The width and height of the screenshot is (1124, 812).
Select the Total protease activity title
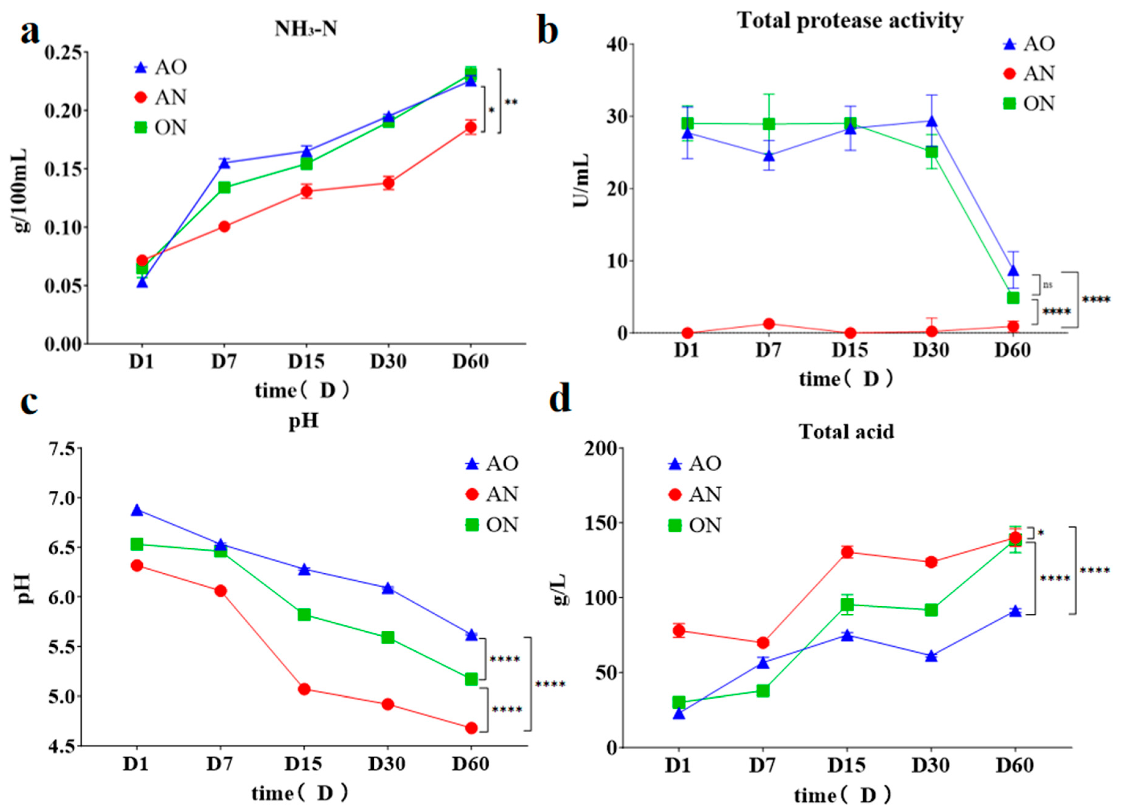(x=850, y=21)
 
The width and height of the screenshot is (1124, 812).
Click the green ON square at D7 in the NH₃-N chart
(x=224, y=187)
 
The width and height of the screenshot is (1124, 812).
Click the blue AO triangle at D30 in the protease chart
(x=932, y=121)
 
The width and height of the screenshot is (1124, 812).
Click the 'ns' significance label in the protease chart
(x=1047, y=285)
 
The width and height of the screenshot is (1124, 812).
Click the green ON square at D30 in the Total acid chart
(x=931, y=610)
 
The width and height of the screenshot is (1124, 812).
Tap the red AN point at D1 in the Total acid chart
(x=679, y=630)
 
